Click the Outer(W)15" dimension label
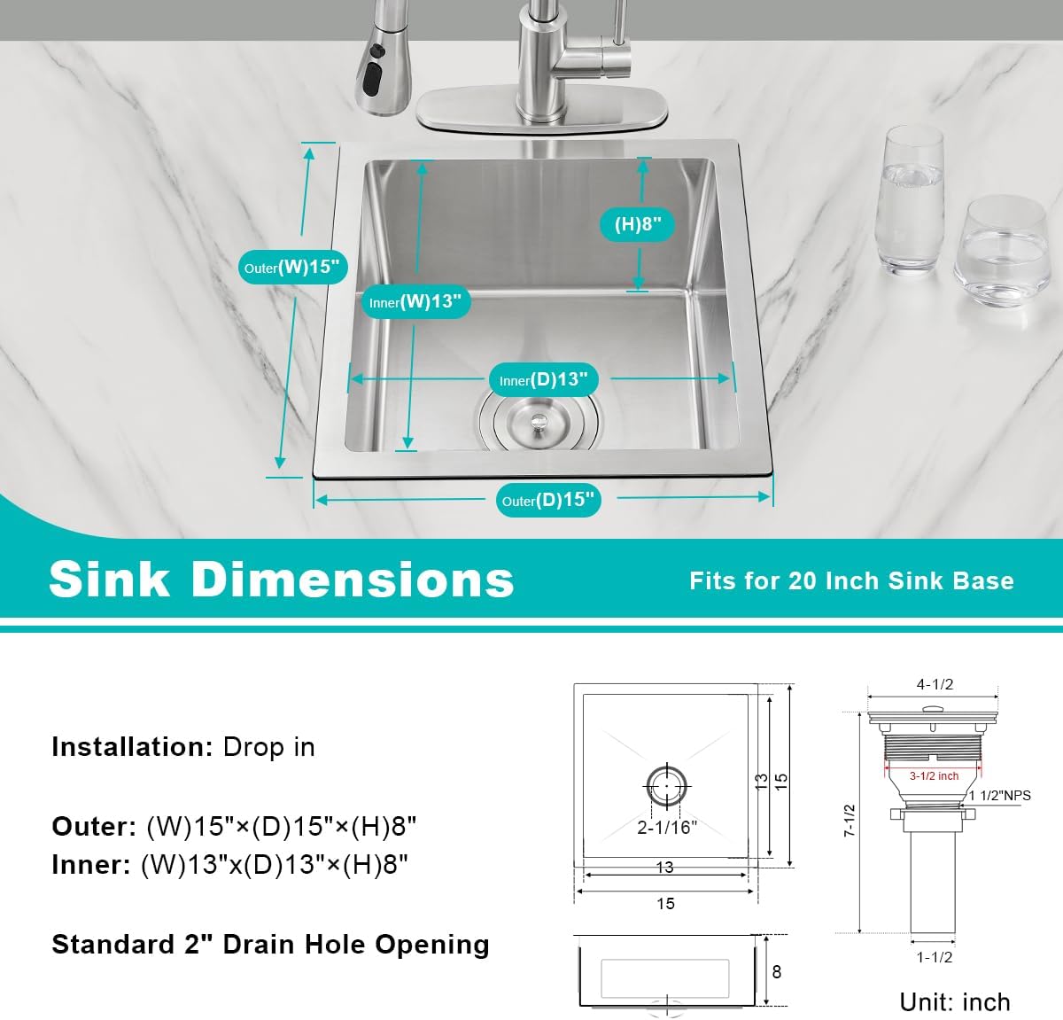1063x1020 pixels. tap(292, 268)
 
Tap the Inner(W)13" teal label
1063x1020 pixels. tap(415, 302)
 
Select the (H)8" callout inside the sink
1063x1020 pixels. tap(638, 224)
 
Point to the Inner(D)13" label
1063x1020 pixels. tap(543, 380)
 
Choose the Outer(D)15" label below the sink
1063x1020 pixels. tap(547, 501)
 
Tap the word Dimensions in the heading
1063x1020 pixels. tap(353, 580)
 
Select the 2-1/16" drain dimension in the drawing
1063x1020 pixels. tap(667, 828)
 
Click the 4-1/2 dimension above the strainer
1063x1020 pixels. tap(935, 685)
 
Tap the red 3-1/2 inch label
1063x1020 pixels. tap(934, 775)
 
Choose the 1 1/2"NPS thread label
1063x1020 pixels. tap(1000, 796)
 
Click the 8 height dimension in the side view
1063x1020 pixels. tap(777, 972)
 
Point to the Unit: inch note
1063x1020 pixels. tap(955, 1002)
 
